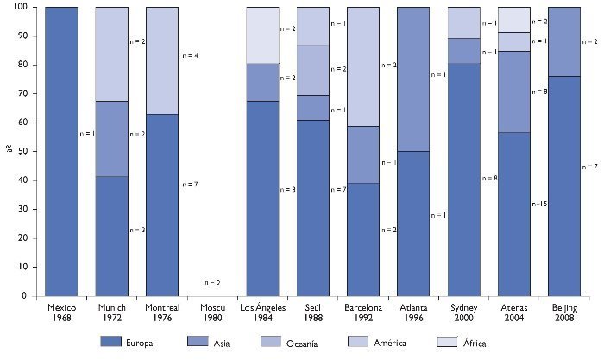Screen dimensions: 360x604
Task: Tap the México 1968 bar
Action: tap(61, 151)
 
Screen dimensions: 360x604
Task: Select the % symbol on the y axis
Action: tap(9, 148)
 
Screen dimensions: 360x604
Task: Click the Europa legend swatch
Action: tap(123, 342)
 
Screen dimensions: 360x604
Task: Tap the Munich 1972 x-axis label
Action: tap(111, 312)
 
